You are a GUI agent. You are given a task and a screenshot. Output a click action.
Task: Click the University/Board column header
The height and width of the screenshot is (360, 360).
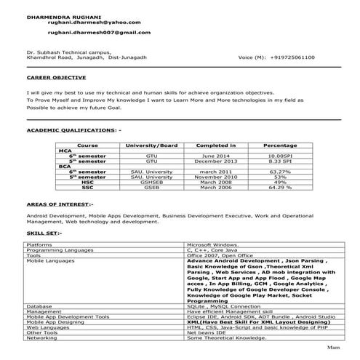pyautogui.click(x=151, y=145)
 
